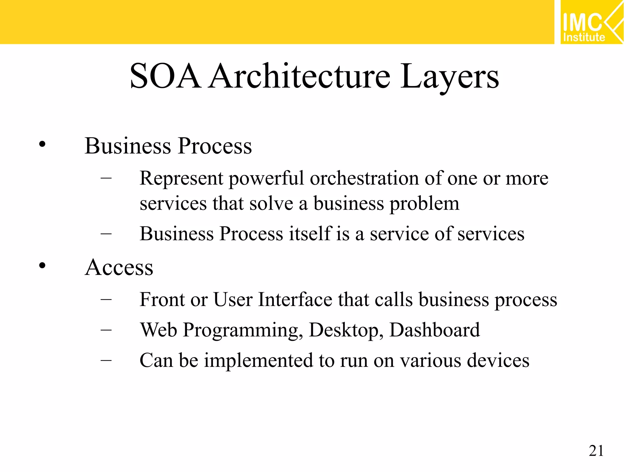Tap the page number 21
pyautogui.click(x=596, y=451)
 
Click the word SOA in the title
pyautogui.click(x=165, y=76)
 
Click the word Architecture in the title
pyautogui.click(x=300, y=76)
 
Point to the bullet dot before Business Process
pyautogui.click(x=42, y=144)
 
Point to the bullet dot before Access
pyautogui.click(x=42, y=265)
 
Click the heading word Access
pyautogui.click(x=119, y=267)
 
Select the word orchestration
pyautogui.click(x=364, y=178)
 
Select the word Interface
pyautogui.click(x=295, y=300)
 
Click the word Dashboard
pyautogui.click(x=434, y=330)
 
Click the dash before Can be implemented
pyautogui.click(x=106, y=360)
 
